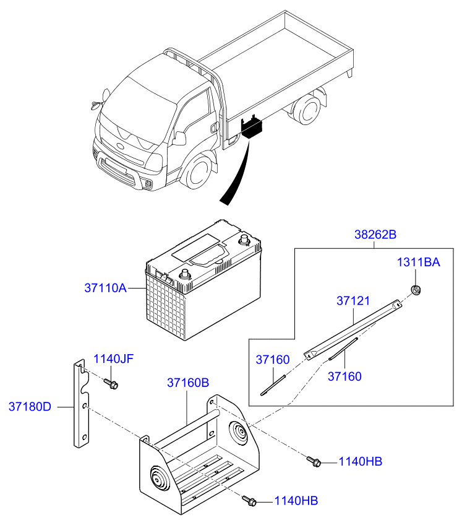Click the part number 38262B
pyautogui.click(x=375, y=235)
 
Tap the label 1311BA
pyautogui.click(x=418, y=262)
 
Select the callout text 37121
pyautogui.click(x=353, y=301)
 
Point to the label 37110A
pyautogui.click(x=105, y=288)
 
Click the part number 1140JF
pyautogui.click(x=113, y=358)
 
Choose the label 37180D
pyautogui.click(x=30, y=407)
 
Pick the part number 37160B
pyautogui.click(x=188, y=383)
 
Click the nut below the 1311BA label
pyautogui.click(x=416, y=290)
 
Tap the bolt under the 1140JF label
pyautogui.click(x=111, y=384)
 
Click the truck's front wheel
pyautogui.click(x=198, y=171)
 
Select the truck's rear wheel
pyautogui.click(x=306, y=109)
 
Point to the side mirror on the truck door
pyautogui.click(x=179, y=138)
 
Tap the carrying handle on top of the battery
pyautogui.click(x=209, y=256)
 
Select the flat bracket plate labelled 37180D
pyautogui.click(x=81, y=404)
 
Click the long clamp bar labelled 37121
pyautogui.click(x=353, y=330)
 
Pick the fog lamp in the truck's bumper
pyautogui.click(x=148, y=183)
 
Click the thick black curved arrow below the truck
pyautogui.click(x=236, y=173)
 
